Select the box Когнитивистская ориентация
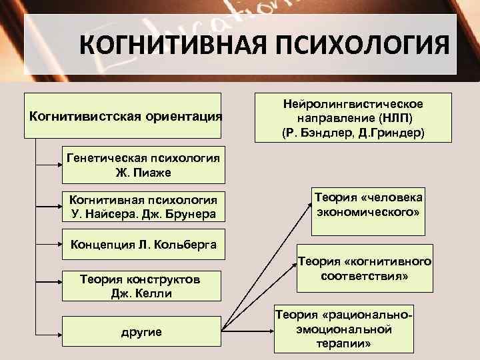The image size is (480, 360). (125, 116)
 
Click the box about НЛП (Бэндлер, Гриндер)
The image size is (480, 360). (353, 117)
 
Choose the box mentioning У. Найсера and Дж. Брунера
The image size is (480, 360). (144, 206)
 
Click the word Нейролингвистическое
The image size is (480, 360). (353, 105)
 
